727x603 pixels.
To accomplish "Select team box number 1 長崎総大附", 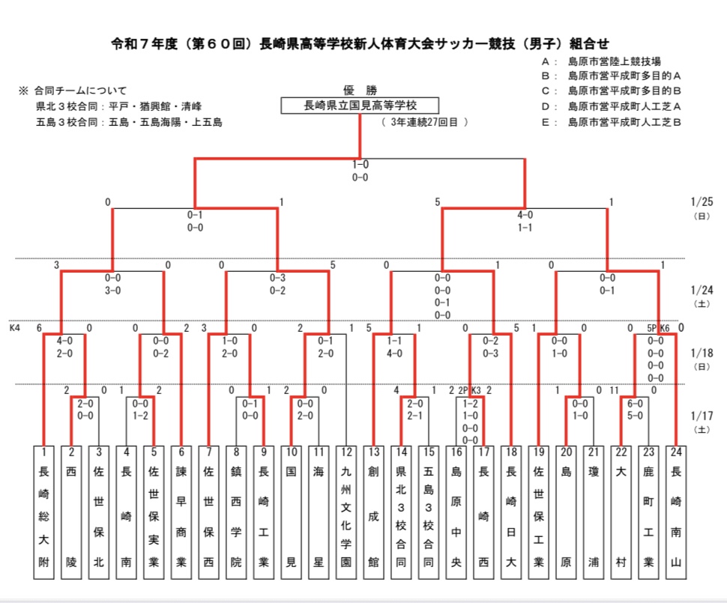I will tap(44, 512).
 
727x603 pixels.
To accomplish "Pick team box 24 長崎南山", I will tap(677, 512).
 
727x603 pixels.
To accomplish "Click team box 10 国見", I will tap(291, 512).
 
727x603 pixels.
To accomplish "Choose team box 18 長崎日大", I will tap(511, 512).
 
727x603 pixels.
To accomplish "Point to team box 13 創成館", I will tap(373, 512).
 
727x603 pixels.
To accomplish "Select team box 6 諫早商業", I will tap(181, 512).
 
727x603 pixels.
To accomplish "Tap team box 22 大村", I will tap(621, 512).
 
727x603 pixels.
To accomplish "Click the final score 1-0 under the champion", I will tap(360, 165).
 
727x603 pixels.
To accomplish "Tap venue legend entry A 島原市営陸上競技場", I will tap(607, 61).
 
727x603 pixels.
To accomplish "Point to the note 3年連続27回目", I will tap(424, 121).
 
